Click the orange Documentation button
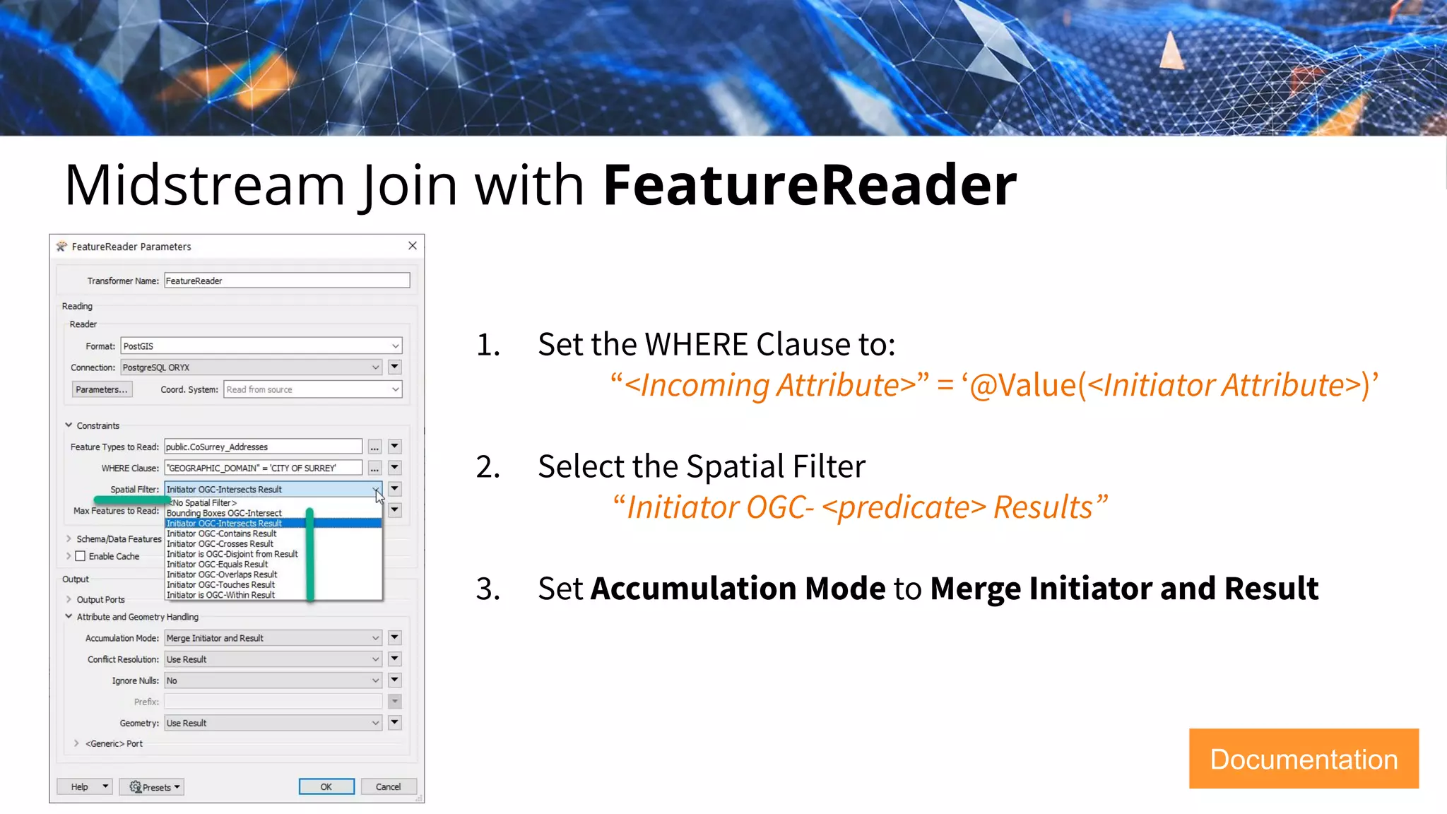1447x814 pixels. coord(1304,759)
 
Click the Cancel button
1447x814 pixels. coord(388,786)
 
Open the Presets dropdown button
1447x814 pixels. coord(151,786)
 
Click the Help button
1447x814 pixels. coord(79,786)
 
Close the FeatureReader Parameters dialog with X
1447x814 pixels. coord(413,246)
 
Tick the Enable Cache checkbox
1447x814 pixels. coord(81,556)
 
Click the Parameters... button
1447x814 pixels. coord(102,389)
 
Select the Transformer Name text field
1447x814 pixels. coord(286,281)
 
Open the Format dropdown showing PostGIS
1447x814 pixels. coord(261,346)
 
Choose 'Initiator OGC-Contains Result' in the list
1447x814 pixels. coord(222,533)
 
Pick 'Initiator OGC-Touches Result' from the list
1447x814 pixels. coord(221,584)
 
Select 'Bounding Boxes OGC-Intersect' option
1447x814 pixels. coord(224,513)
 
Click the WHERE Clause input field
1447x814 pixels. coord(263,468)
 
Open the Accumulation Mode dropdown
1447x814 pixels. coord(273,638)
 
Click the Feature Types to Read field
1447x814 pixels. coord(263,447)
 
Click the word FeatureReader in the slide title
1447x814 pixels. coord(809,185)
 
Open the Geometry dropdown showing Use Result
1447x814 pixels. coord(273,723)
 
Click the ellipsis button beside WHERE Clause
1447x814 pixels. coord(374,468)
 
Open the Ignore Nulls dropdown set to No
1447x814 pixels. coord(273,680)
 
